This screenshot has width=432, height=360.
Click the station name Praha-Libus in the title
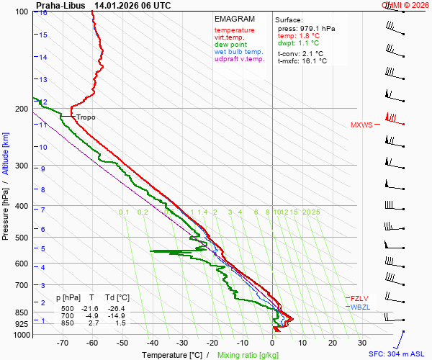point(60,5)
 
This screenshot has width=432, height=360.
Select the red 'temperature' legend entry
point(235,30)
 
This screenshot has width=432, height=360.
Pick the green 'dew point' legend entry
point(230,45)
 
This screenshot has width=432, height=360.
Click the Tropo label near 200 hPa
point(86,117)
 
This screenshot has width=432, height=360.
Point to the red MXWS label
point(361,125)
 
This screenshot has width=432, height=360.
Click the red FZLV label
point(360,299)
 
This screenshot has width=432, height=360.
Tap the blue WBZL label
point(360,307)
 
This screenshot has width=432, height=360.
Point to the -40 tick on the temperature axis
point(152,344)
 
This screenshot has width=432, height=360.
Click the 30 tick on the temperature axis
point(362,344)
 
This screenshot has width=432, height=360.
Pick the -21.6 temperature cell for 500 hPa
point(91,308)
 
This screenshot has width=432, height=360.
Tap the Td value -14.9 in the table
point(119,316)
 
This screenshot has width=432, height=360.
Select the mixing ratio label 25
point(315,212)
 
